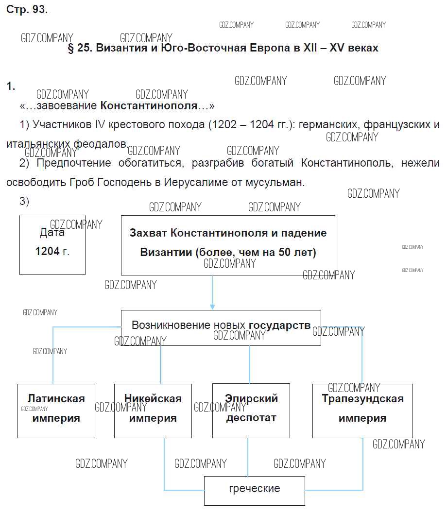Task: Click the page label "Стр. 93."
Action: [x=27, y=10]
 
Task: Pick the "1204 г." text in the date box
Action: [x=52, y=251]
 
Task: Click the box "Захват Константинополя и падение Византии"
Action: [x=227, y=245]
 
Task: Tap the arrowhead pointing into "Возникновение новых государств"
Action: [x=212, y=307]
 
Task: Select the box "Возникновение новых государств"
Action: [x=221, y=327]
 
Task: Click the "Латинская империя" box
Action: [x=56, y=411]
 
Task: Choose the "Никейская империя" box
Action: [x=153, y=411]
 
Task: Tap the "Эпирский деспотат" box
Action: [x=251, y=411]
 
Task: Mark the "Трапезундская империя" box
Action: [x=362, y=411]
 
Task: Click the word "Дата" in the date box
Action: [x=52, y=233]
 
